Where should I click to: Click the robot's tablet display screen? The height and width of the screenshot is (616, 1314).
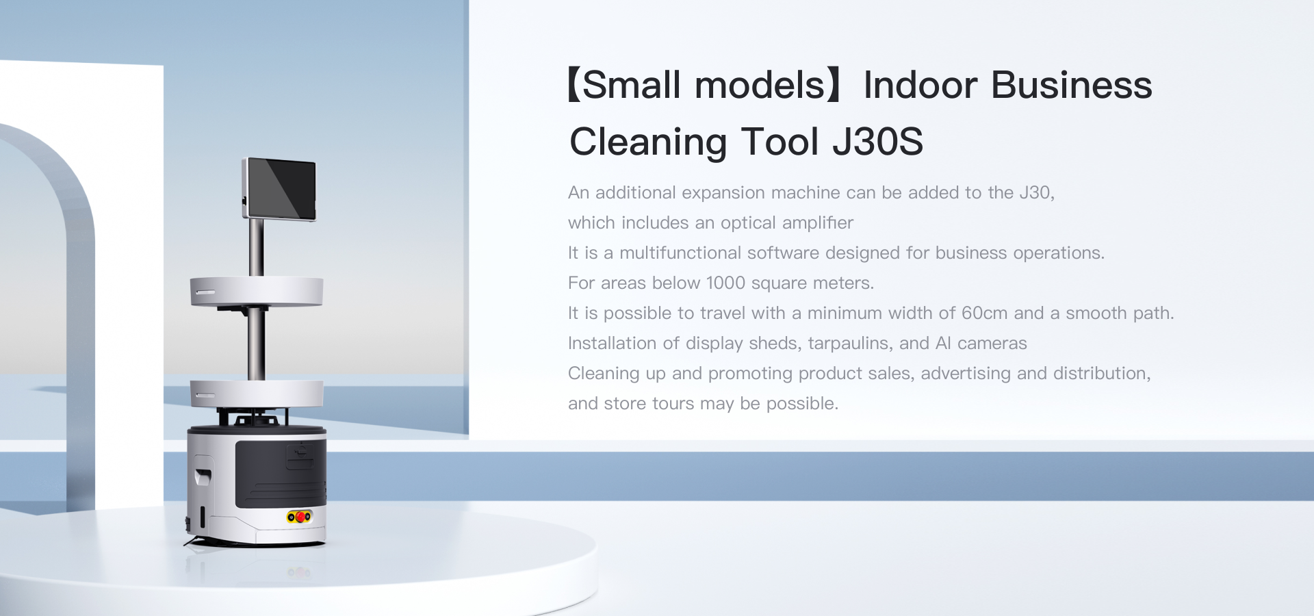point(281,189)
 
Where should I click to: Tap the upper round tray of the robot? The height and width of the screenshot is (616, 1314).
point(257,292)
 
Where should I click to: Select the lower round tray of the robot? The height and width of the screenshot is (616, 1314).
point(257,394)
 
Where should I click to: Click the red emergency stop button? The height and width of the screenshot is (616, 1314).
point(300,517)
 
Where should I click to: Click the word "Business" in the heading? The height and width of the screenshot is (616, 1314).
point(1071,86)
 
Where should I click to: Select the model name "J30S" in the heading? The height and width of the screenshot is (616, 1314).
point(877,142)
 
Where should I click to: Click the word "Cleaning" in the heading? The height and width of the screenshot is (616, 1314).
point(648,143)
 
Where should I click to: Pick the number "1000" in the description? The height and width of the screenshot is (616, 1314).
point(725,283)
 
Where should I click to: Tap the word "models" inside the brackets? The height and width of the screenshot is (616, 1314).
point(760,86)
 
